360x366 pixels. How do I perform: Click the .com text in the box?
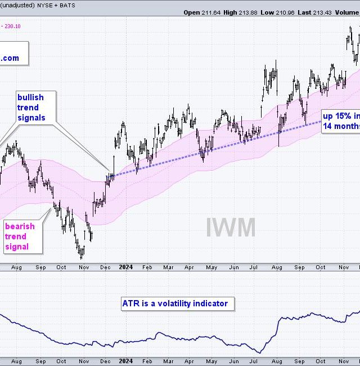click(x=10, y=58)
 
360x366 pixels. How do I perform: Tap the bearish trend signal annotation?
click(x=20, y=236)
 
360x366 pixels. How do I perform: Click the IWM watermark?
click(x=230, y=227)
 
